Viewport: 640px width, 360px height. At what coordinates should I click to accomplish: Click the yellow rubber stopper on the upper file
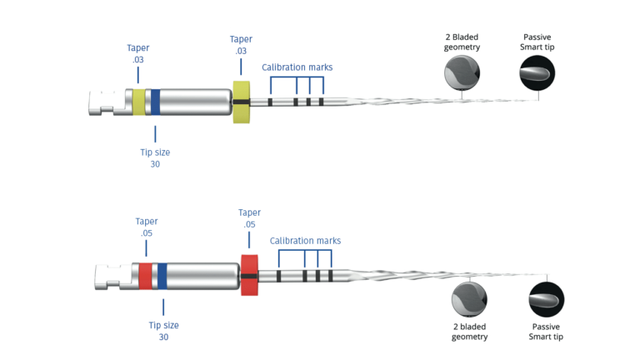coord(242,102)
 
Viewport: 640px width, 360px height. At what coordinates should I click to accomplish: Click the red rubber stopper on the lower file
coord(249,274)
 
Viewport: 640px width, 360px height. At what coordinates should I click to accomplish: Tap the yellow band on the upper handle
coord(138,102)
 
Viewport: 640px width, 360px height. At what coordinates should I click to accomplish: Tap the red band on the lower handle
coord(145,275)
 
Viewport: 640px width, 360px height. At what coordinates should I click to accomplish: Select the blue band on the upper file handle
coord(155,102)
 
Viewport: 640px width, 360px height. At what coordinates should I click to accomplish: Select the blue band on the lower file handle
coord(162,275)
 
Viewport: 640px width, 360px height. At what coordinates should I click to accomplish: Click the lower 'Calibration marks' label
coord(305,241)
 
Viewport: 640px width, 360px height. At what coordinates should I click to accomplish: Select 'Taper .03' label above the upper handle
coord(138,54)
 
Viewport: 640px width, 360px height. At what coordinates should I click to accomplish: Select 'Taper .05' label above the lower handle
coord(147,227)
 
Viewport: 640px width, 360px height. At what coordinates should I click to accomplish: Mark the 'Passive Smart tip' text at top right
coord(537,42)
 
